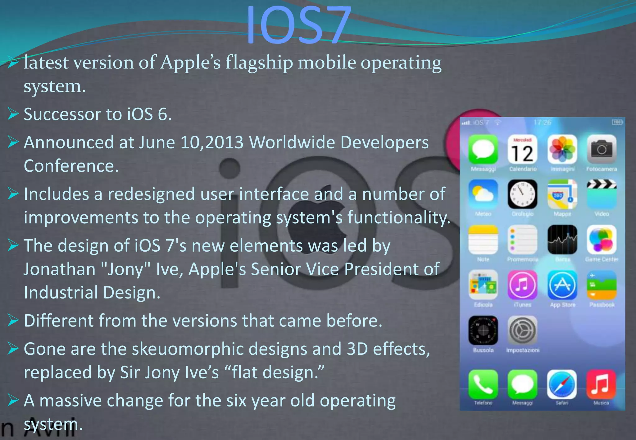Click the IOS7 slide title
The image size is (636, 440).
(x=299, y=25)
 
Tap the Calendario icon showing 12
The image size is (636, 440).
(x=523, y=150)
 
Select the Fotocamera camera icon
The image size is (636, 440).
(x=602, y=150)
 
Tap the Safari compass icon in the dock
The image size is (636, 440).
(x=562, y=384)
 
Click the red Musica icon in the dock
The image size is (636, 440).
(x=601, y=384)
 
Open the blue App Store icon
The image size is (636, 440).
(x=562, y=285)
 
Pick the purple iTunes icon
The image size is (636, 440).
(x=522, y=285)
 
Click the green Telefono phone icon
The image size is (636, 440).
(x=483, y=384)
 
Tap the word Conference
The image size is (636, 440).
(x=71, y=166)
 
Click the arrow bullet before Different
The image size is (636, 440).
(x=13, y=321)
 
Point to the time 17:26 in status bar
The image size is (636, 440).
(x=542, y=123)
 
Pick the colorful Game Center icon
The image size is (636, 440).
(x=602, y=240)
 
